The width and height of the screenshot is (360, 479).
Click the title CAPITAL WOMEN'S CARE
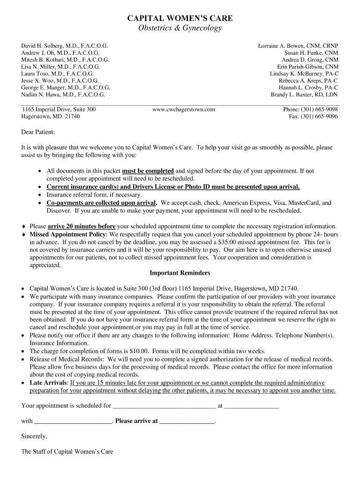180,18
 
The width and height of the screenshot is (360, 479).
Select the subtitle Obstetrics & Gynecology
180,29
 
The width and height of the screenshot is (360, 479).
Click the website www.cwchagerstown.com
183,109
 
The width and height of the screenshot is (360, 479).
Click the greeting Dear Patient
38,132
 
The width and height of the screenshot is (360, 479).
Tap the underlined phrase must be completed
148,171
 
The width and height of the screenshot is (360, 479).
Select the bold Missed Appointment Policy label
68,234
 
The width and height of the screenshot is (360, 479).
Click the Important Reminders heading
180,273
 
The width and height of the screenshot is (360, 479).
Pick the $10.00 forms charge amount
128,351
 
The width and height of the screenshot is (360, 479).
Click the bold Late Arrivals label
49,383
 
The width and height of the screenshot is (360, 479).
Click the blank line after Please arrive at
187,421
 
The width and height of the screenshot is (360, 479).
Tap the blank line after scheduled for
165,406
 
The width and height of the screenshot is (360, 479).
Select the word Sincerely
34,436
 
